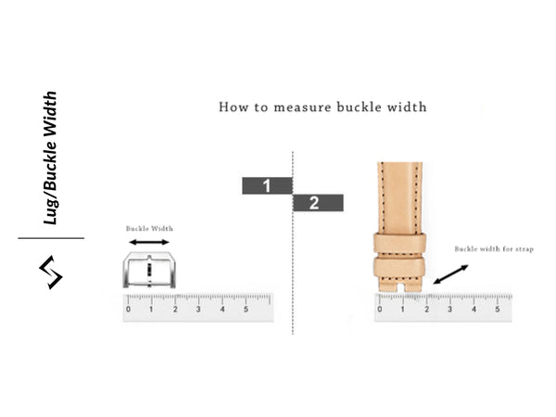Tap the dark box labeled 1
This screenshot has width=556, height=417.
point(267,185)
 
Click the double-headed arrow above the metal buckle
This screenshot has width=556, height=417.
point(149,242)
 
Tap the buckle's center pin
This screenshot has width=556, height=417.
point(149,271)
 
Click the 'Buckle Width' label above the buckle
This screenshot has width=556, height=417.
point(149,228)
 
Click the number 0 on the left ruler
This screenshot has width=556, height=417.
point(129,310)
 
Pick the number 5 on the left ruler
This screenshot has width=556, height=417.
point(246,310)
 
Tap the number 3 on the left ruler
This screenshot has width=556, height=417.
point(198,310)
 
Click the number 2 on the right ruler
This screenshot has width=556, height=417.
point(427,310)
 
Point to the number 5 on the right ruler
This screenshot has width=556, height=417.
point(498,310)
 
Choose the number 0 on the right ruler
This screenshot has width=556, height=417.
point(380,310)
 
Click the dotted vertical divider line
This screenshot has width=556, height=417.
point(293,269)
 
